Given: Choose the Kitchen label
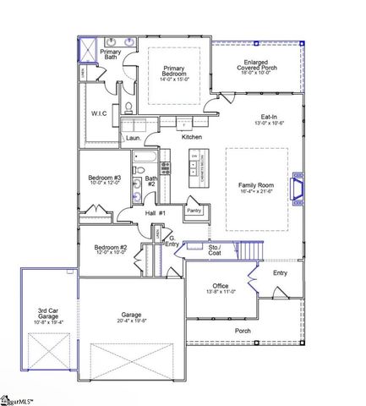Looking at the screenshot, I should [x=192, y=136].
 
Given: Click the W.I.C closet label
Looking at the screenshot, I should [x=100, y=113].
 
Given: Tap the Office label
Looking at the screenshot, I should [x=221, y=287].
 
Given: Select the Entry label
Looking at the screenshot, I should [x=281, y=272].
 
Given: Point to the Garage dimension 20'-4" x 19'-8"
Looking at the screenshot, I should [x=130, y=321].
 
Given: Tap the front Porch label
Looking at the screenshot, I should [x=242, y=330].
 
